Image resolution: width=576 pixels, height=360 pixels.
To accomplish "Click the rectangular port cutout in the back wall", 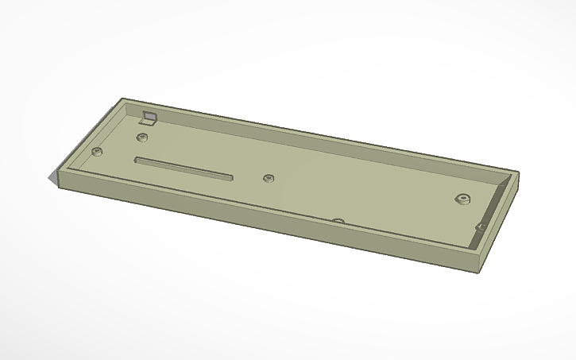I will tap(148, 117).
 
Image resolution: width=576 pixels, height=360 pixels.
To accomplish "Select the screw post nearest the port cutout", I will tap(142, 137).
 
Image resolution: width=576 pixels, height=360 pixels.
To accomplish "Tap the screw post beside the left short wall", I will tap(97, 150).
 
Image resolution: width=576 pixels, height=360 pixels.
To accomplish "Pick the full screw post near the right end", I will tap(461, 198).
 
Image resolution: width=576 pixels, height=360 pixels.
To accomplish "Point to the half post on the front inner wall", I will tap(338, 220).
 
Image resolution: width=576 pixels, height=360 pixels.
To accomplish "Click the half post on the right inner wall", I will tap(481, 226).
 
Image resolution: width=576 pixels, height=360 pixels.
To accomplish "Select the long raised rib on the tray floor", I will tap(183, 168).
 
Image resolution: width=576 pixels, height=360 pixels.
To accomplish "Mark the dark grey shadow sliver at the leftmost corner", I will tap(56, 179).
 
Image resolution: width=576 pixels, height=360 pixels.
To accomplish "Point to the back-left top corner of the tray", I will tap(123, 99).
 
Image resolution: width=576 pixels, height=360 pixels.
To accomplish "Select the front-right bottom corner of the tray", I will tap(481, 271).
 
